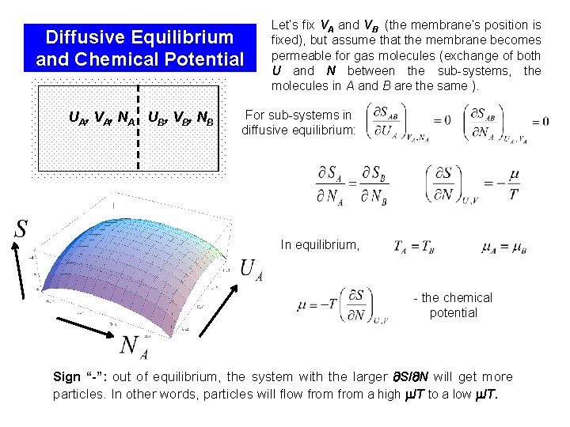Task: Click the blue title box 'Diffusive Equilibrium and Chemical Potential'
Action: point(140,48)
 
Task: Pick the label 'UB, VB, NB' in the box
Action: point(180,119)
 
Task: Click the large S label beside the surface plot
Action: point(21,229)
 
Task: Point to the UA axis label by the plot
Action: point(251,270)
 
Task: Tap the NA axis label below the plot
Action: point(132,346)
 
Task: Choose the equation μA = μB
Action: point(503,248)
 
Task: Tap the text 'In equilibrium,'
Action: point(320,245)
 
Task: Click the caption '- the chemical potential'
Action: point(453,305)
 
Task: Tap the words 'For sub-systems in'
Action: point(298,115)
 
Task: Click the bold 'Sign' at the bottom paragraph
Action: point(66,377)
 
